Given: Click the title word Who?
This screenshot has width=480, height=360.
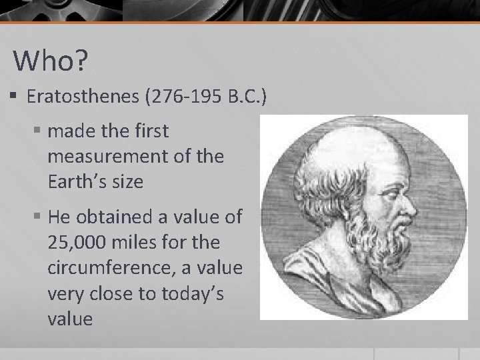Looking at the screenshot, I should pyautogui.click(x=51, y=61).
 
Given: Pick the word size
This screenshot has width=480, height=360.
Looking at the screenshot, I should pyautogui.click(x=127, y=181).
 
